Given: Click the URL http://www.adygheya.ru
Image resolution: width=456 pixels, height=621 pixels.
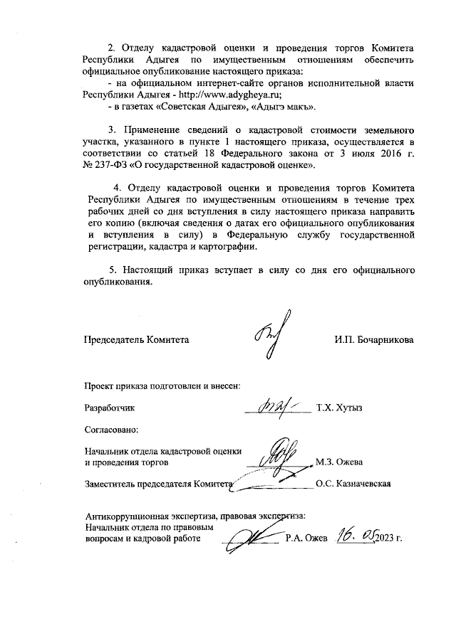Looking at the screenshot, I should click(x=232, y=94).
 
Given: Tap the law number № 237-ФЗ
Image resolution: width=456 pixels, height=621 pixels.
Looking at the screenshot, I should click(x=108, y=165).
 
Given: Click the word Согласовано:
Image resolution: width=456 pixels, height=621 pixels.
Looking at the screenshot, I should click(x=110, y=430).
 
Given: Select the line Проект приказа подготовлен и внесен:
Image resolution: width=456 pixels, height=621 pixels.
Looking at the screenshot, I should click(x=162, y=386).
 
